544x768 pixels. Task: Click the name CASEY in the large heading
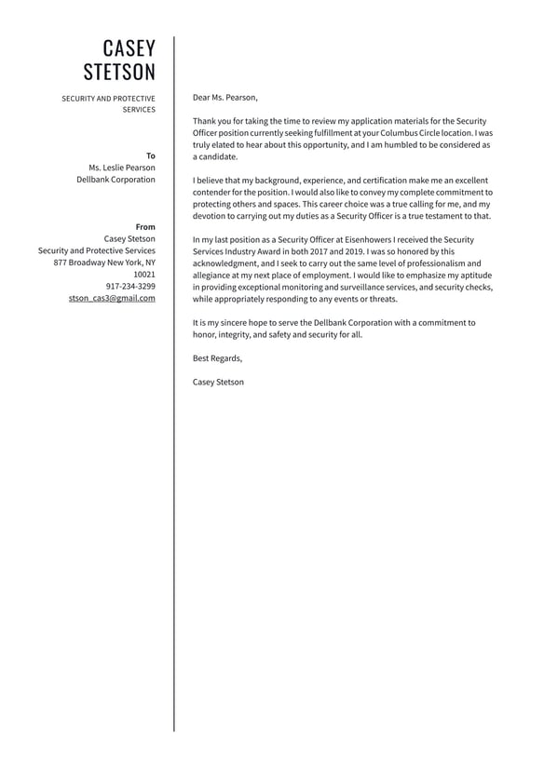129,49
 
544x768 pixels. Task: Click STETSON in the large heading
119,73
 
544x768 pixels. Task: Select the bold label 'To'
151,155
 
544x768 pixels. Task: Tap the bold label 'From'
145,227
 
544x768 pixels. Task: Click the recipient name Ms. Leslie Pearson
116,168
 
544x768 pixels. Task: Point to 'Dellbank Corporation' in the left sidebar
116,180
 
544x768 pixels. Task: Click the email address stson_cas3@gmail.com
112,299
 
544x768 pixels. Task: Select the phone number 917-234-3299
130,287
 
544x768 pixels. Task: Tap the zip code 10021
144,275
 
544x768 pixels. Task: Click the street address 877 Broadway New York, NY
104,263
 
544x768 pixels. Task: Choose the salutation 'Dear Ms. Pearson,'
225,97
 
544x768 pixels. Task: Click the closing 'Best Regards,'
217,358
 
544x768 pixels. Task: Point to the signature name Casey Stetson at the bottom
218,382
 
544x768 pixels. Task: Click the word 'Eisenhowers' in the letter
374,239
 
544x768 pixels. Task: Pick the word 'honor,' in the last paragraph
205,334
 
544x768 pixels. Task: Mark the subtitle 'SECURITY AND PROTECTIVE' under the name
108,98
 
